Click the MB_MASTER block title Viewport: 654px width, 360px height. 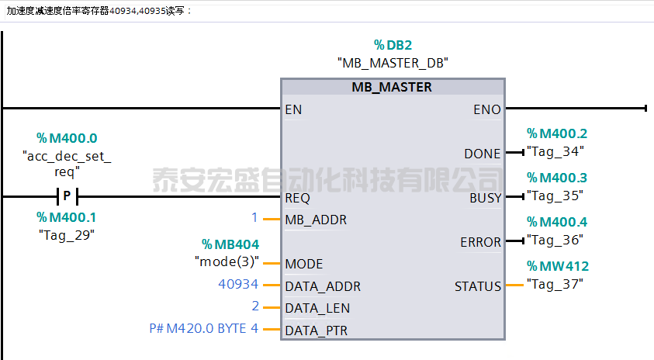pyautogui.click(x=391, y=87)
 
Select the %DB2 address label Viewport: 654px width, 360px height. pyautogui.click(x=393, y=45)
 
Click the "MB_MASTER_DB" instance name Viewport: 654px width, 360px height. pyautogui.click(x=393, y=62)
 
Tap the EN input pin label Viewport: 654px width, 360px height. pyautogui.click(x=293, y=109)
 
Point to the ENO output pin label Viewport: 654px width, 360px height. pyautogui.click(x=487, y=109)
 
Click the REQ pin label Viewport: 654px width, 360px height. pyautogui.click(x=298, y=198)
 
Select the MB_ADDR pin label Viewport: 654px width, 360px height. pyautogui.click(x=316, y=220)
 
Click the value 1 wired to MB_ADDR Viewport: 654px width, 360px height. pyautogui.click(x=254, y=219)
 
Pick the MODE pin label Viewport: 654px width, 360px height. pyautogui.click(x=304, y=264)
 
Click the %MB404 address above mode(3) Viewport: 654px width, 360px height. pyautogui.click(x=230, y=244)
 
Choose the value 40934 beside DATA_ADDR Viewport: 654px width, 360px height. pyautogui.click(x=238, y=286)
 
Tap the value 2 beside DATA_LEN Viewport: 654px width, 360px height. pyautogui.click(x=255, y=307)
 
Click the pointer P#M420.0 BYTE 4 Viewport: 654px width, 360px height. pyautogui.click(x=203, y=329)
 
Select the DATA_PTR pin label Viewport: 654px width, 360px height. pyautogui.click(x=317, y=331)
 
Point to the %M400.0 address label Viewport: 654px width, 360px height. pyautogui.click(x=67, y=138)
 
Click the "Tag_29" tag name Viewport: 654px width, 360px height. pyautogui.click(x=67, y=234)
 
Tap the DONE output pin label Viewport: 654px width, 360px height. pyautogui.click(x=483, y=154)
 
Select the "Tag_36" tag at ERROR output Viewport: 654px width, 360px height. pyautogui.click(x=555, y=241)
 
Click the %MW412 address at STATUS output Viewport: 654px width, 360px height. pyautogui.click(x=557, y=266)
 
